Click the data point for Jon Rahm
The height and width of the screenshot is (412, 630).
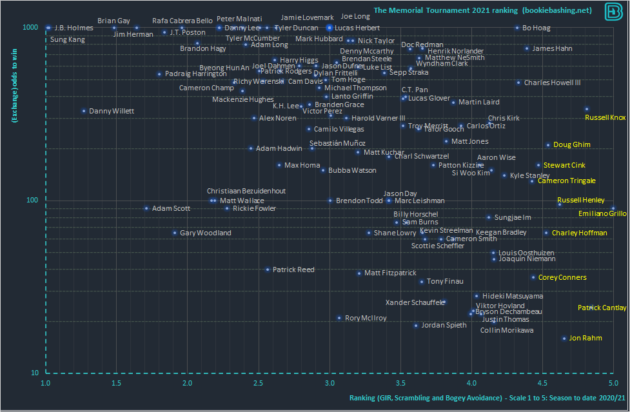coord(564,338)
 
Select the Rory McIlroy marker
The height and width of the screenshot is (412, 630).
coord(339,318)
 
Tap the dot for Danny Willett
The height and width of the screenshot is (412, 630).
coord(84,111)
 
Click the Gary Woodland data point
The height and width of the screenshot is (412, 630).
coord(175,233)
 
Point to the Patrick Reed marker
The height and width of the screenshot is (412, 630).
coord(268,270)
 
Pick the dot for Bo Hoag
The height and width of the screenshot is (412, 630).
coord(517,28)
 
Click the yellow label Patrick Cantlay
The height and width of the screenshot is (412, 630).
coord(602,308)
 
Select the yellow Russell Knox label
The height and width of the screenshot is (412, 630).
coord(605,117)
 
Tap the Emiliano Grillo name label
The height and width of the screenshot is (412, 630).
coord(602,213)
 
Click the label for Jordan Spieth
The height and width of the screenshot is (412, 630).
coord(444,326)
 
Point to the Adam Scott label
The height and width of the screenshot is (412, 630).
coord(171,209)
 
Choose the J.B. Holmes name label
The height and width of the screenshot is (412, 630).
coord(74,28)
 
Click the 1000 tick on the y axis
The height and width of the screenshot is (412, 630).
coord(32,28)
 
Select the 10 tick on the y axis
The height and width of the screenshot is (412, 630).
coord(35,373)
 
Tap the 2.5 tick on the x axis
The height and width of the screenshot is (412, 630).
coord(259,383)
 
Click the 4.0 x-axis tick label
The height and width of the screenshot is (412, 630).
coord(471,383)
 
